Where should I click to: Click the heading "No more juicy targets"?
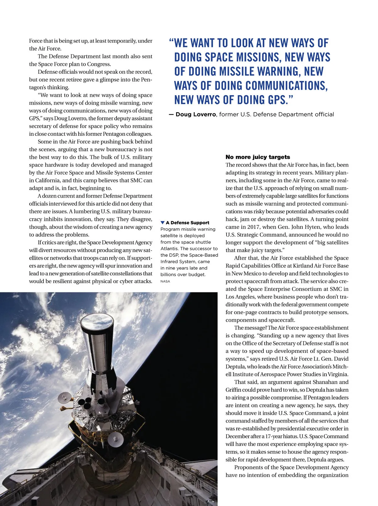point(258,157)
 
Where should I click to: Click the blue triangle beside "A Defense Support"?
point(163,223)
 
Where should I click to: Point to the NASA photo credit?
point(165,281)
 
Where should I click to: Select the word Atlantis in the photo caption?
point(169,249)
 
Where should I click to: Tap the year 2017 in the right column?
point(247,227)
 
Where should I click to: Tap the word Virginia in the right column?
point(337,374)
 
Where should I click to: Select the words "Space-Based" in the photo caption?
point(205,255)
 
